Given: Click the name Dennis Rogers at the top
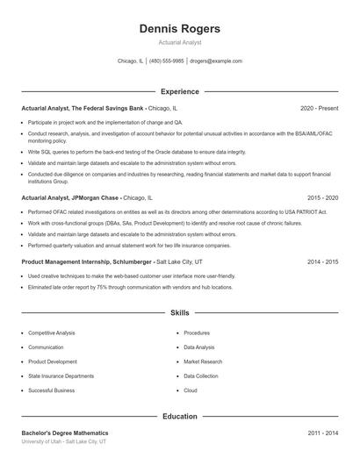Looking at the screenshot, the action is point(179,28).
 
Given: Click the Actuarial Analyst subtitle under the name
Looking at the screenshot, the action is point(179,42).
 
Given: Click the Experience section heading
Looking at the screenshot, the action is point(179,91).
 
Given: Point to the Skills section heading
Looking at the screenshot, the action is point(179,312).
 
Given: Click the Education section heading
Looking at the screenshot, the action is point(179,417).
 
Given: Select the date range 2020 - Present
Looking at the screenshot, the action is point(319,108).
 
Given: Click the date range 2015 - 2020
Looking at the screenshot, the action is point(322,198).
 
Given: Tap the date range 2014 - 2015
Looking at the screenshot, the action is point(322,261).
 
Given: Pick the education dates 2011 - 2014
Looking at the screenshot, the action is point(322,433).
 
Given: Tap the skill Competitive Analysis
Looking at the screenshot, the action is point(51,333).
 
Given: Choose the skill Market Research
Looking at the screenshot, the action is point(203,361).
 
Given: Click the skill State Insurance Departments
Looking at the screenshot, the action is point(61,376).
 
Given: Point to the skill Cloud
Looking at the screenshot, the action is point(191,390).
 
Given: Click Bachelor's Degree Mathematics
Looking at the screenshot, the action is point(65,433).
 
